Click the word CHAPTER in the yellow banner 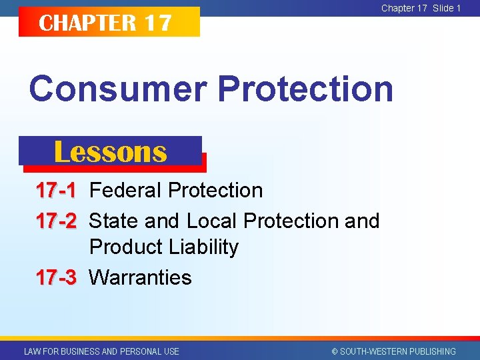(x=87, y=23)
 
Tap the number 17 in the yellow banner (x=158, y=23)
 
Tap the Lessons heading (x=110, y=152)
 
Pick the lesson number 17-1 (x=56, y=191)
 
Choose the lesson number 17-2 (x=56, y=221)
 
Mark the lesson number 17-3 (x=56, y=277)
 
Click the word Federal (x=126, y=191)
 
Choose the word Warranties (x=141, y=277)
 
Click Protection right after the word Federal (x=215, y=191)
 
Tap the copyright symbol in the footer (x=335, y=351)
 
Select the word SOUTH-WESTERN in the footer (x=371, y=351)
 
